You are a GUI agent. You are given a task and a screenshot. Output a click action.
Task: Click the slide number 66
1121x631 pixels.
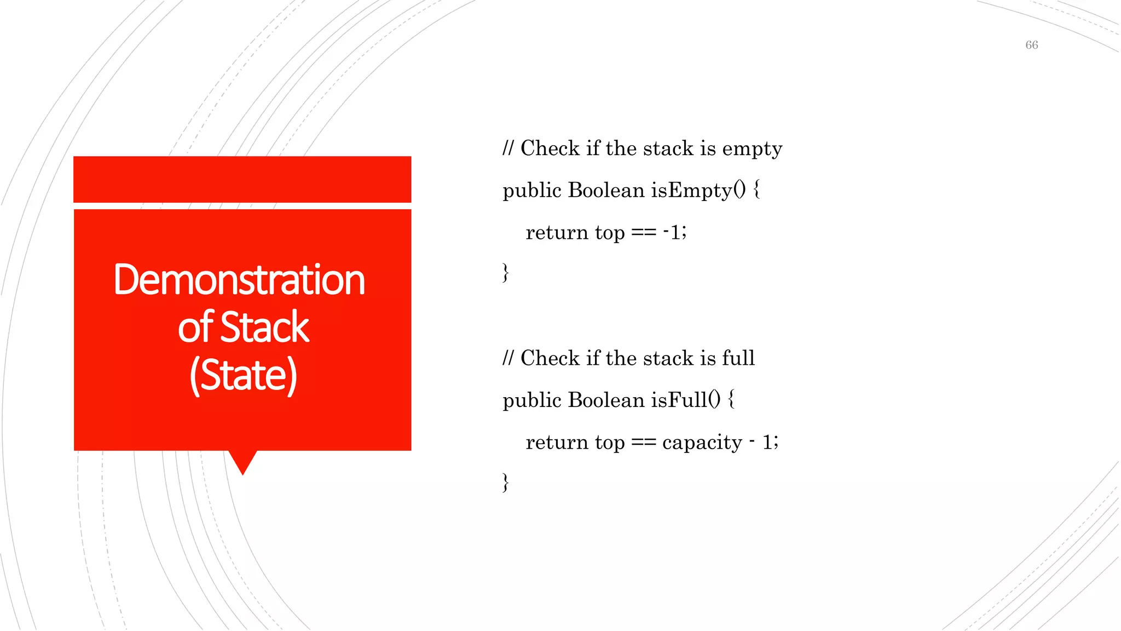coord(1031,45)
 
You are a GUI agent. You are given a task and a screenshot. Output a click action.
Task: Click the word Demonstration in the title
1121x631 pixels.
coord(239,280)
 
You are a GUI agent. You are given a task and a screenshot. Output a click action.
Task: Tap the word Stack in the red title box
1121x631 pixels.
coord(265,328)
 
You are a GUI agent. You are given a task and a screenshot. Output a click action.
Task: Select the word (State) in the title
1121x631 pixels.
coord(243,375)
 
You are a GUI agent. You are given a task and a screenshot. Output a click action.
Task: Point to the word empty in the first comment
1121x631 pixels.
coord(752,149)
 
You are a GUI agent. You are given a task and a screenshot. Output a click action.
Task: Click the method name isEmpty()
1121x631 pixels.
coord(698,190)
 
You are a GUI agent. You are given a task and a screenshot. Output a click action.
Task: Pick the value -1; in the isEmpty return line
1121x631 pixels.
coord(674,232)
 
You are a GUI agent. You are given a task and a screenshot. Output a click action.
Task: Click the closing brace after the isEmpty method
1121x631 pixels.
coord(506,272)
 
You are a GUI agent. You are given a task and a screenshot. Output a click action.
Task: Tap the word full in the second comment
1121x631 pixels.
coord(738,358)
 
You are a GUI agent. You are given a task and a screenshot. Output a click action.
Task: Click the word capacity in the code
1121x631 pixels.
coord(702,442)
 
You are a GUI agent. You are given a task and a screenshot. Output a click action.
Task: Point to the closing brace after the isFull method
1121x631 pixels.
coord(506,483)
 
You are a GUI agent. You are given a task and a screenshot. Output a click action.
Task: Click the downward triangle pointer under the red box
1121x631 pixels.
coord(242,461)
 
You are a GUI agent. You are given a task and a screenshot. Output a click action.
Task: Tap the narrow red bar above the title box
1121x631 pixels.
coord(242,179)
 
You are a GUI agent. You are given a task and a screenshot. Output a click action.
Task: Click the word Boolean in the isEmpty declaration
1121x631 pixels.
coord(606,190)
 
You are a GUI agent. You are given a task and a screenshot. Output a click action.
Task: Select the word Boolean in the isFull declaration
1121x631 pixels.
coord(606,400)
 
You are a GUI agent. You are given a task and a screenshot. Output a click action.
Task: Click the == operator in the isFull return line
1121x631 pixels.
coord(643,442)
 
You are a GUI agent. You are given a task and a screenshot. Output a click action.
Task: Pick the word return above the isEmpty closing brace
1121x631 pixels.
coord(557,232)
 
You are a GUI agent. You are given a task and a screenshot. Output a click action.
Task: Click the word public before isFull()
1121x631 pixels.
coord(532,400)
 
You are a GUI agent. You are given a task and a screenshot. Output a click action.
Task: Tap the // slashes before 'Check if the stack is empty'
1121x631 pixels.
coord(509,148)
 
